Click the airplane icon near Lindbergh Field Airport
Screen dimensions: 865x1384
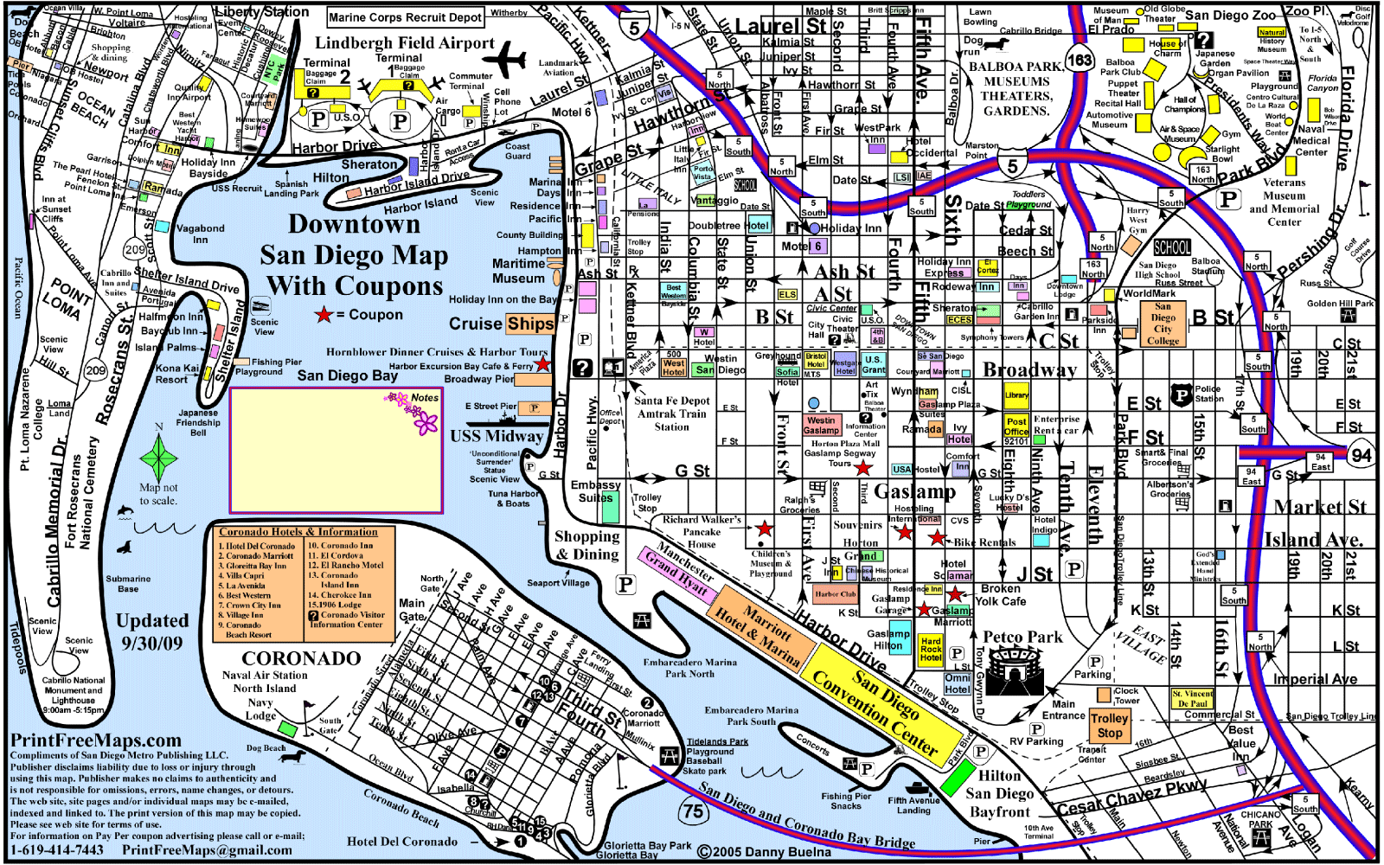[504, 62]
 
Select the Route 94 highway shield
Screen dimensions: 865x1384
[1361, 455]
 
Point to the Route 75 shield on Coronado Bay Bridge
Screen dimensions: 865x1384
[693, 811]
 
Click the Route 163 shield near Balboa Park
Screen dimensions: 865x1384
[1080, 61]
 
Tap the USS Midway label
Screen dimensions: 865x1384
[496, 437]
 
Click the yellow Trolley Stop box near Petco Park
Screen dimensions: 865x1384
[1109, 725]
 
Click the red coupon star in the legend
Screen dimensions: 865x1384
[324, 315]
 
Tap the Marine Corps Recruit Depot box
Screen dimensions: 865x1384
[405, 17]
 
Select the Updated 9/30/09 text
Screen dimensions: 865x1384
[152, 631]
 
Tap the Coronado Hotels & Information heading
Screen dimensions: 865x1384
[298, 532]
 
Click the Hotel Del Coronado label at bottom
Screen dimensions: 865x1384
[402, 841]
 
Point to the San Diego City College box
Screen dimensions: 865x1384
[1163, 324]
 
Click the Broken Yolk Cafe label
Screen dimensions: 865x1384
[1001, 594]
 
